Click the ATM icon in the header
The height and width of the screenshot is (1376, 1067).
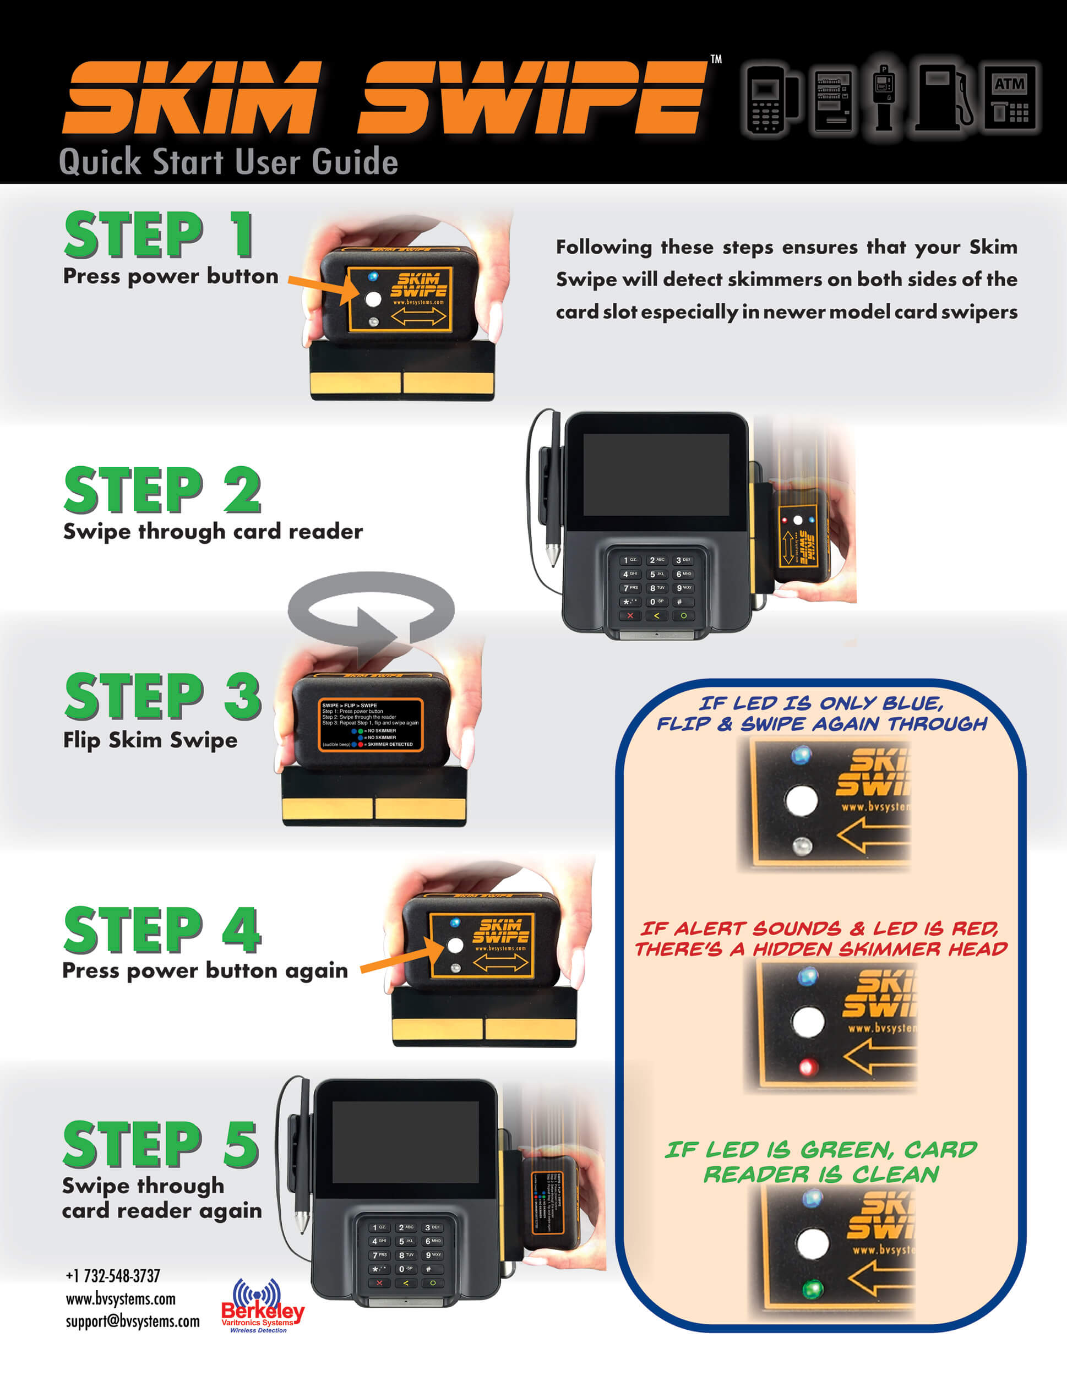click(x=1010, y=100)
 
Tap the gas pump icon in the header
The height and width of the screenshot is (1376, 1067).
click(x=944, y=97)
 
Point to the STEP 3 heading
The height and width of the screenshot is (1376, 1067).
click(x=162, y=696)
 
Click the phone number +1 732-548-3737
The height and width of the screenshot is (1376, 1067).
click(x=113, y=1276)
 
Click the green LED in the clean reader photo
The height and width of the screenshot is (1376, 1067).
click(x=813, y=1288)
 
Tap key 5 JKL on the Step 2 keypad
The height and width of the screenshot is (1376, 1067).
click(x=657, y=574)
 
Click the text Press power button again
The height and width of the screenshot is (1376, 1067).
click(x=205, y=970)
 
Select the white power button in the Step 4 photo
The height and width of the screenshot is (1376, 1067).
click(x=455, y=945)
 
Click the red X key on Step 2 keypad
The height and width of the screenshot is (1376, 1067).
click(x=630, y=615)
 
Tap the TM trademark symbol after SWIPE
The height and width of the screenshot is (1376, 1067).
click(x=716, y=59)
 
